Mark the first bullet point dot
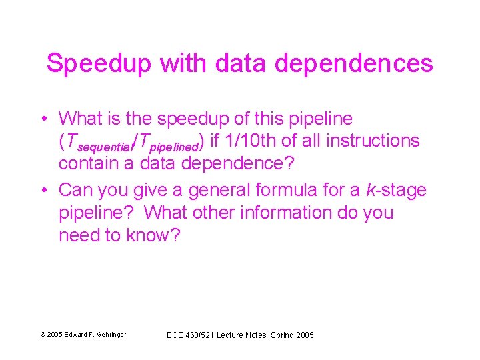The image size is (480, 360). tap(43, 119)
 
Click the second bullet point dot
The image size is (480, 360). tap(43, 190)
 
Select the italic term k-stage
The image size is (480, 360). tap(396, 190)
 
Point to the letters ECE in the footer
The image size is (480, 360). tap(175, 335)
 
